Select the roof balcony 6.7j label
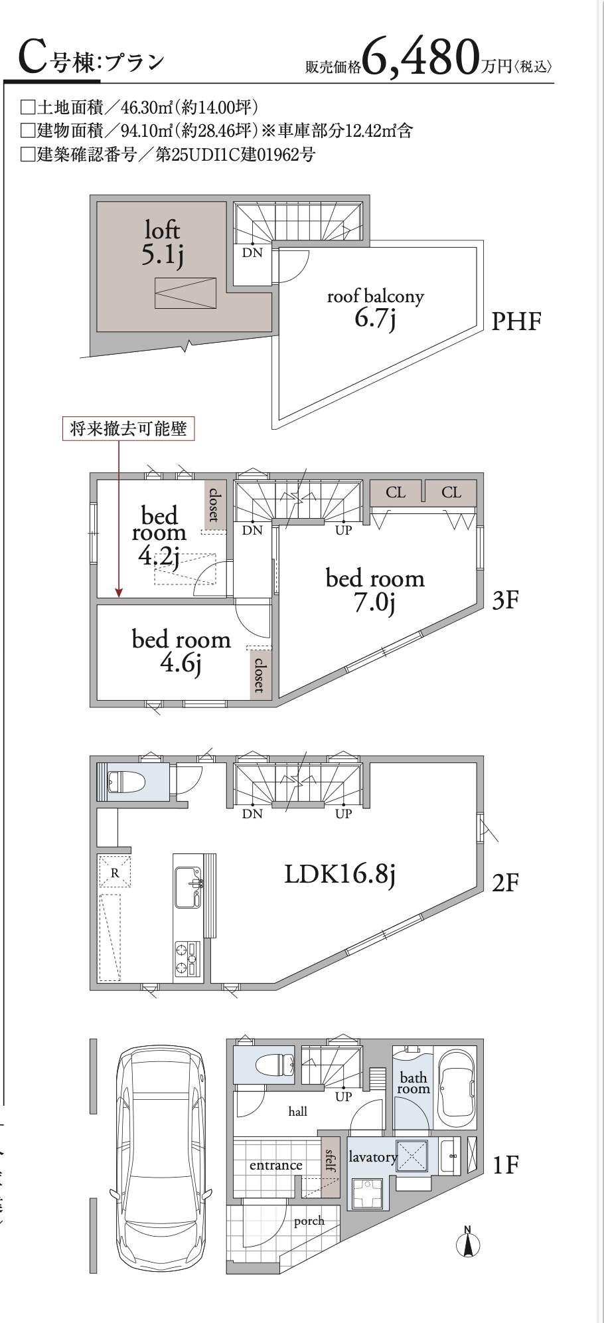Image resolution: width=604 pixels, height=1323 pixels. pos(375,308)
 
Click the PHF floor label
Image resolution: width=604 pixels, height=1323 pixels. pos(516,322)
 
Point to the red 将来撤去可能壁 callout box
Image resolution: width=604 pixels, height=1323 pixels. pos(129,428)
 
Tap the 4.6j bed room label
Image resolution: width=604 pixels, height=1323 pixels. pos(181,651)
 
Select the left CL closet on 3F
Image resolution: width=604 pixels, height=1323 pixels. pos(396,492)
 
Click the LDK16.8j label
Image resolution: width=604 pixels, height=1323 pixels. pos(340,874)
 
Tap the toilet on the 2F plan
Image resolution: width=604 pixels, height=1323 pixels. pos(126,782)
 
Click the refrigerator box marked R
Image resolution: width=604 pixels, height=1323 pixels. pos(115,873)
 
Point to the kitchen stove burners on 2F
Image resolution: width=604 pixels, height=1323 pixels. pos(187,958)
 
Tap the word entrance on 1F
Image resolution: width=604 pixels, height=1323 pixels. pos(275,1165)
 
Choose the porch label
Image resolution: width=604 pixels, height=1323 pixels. pos(309,1220)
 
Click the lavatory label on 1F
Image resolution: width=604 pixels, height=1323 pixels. pos(372,1157)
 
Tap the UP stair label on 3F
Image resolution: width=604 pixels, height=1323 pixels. pos(343,530)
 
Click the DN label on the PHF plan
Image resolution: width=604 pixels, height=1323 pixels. pos(252,252)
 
